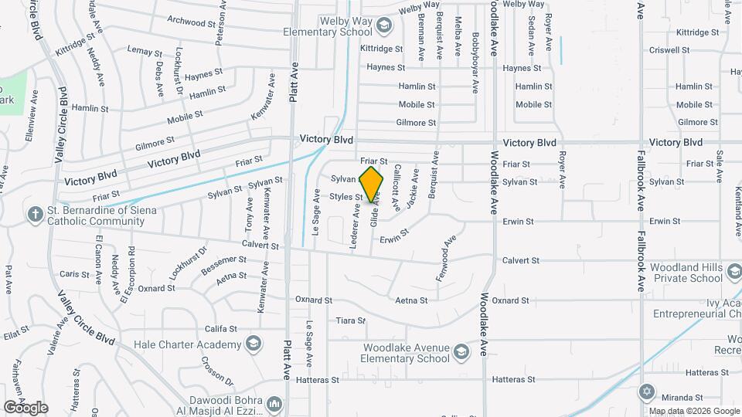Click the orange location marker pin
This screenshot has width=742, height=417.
(372, 184)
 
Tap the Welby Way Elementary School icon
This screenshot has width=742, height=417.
(383, 27)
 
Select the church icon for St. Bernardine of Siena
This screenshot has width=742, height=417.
(35, 212)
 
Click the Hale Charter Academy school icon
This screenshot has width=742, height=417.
(253, 343)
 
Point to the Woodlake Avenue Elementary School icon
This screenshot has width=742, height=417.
(461, 353)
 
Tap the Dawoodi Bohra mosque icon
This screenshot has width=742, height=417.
(274, 404)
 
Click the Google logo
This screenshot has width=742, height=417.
(26, 407)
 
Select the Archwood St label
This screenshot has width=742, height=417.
(189, 22)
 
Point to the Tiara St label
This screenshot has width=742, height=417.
(350, 320)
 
